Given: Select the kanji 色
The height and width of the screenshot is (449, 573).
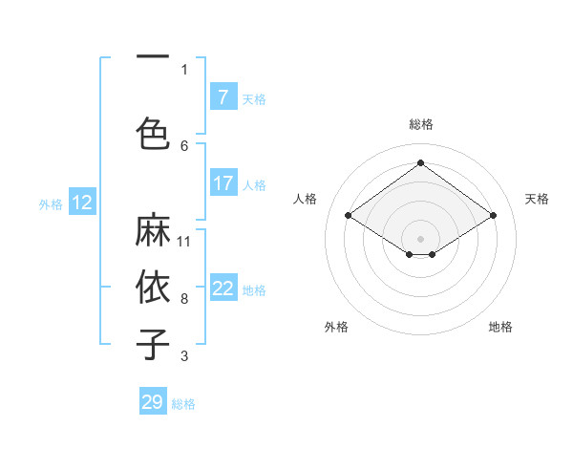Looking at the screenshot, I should (153, 131).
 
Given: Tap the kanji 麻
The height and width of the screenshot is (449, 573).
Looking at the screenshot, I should (153, 230).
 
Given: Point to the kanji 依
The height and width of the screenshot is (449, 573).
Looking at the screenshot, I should (153, 286).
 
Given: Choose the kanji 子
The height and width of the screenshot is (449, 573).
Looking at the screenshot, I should (153, 342).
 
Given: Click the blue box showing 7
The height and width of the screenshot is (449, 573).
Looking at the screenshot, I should (223, 97).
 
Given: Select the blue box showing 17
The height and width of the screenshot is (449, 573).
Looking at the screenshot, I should (223, 183).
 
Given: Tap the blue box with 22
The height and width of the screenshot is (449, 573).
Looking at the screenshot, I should (223, 289).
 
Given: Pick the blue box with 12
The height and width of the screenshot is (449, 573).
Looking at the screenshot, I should (81, 203).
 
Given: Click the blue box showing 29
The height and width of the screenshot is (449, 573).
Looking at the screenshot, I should (153, 402).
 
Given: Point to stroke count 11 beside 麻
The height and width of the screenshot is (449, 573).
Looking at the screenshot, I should (184, 240).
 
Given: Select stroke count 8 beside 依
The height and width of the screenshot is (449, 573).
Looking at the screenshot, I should (184, 298).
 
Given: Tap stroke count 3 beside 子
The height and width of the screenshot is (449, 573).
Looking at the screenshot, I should (184, 356).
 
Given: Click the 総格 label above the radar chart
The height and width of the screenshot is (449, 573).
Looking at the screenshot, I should (420, 124).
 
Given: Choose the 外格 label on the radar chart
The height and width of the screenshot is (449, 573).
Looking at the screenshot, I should (336, 327).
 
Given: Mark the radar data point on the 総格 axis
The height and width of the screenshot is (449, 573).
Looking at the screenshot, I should (420, 162).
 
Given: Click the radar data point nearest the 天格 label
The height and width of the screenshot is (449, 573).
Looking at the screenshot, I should (493, 216).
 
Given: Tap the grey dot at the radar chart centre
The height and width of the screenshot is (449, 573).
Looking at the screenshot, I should (420, 238).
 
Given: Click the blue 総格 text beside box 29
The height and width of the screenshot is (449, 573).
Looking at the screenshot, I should (183, 404).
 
